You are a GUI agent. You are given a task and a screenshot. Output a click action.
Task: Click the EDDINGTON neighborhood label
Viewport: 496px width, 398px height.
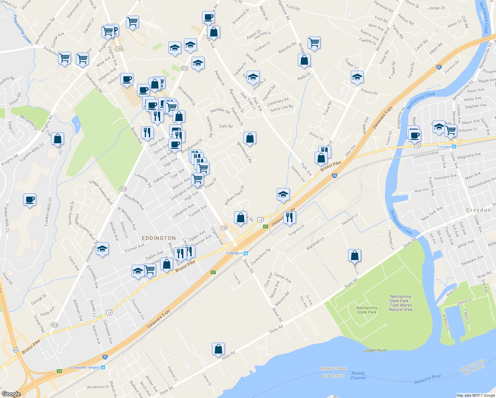tap(159, 238)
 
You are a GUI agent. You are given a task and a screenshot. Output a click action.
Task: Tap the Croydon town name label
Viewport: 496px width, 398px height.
tap(478, 210)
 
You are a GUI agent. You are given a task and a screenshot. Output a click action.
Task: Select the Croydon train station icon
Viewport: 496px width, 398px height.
tap(454, 147)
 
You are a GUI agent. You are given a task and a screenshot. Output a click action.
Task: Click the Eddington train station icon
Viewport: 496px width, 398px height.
tap(246, 253)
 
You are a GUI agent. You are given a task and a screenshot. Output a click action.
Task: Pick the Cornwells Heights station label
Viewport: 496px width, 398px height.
tap(85, 367)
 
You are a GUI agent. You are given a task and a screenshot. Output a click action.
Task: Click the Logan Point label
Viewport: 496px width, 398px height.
tap(375, 350)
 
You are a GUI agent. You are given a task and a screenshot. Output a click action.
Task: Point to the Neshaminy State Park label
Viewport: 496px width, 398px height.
tap(367, 310)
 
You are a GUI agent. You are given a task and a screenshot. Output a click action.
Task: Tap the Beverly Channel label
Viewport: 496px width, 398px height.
tap(358, 375)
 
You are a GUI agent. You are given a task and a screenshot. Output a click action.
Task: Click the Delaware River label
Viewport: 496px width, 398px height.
tap(428, 379)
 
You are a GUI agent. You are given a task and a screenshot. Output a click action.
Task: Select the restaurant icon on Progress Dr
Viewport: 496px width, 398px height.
tap(289, 217)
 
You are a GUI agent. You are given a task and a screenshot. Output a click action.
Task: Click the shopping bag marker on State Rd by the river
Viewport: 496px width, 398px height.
tap(218, 349)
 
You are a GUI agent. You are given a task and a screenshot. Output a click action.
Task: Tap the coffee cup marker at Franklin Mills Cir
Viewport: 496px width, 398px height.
tap(30, 200)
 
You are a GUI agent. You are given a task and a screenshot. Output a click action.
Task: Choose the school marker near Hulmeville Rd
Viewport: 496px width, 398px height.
tap(102, 249)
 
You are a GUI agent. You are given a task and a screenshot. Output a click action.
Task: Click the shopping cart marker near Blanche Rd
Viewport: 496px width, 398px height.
tap(314, 42)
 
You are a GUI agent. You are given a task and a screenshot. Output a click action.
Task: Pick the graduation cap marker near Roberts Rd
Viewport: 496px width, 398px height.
tap(357, 77)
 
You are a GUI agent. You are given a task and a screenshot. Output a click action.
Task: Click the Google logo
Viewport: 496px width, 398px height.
tap(11, 394)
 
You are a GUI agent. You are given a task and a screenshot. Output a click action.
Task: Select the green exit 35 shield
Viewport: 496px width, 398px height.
tap(59, 371)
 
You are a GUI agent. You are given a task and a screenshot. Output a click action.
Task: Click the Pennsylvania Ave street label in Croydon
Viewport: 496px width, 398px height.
tap(481, 183)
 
